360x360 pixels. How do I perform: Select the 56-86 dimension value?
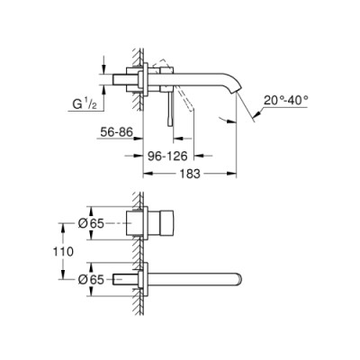click(114, 131)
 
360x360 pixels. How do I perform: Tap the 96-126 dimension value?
click(166, 154)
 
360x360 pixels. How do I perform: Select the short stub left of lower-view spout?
click(125, 279)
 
